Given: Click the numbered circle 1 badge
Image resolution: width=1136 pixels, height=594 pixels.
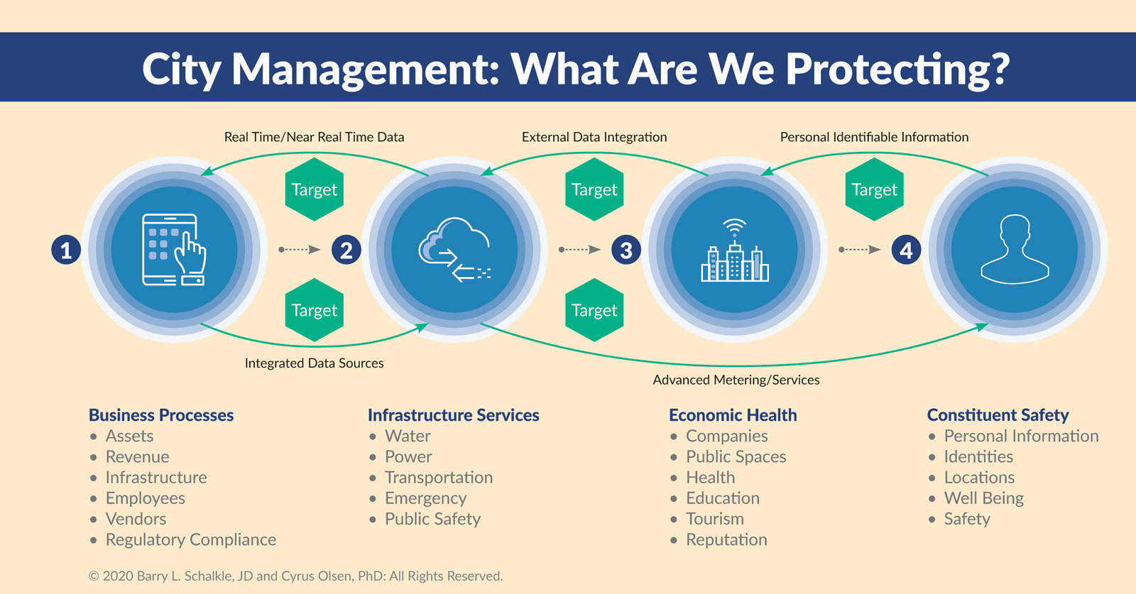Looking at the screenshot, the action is click(66, 250).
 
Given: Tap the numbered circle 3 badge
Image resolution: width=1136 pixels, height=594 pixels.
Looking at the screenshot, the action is click(626, 250).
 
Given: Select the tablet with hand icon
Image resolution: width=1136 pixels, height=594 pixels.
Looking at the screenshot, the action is click(174, 250).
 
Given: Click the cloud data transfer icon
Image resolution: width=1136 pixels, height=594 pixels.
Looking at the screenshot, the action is click(454, 250).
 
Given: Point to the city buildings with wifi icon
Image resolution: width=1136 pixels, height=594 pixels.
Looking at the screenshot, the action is click(734, 250).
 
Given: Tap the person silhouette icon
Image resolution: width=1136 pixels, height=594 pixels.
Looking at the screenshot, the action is click(1015, 249).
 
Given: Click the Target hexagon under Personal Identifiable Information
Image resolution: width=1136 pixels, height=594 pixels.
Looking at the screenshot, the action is click(874, 189).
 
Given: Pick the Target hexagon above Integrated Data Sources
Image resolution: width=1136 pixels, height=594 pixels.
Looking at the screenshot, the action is click(315, 309).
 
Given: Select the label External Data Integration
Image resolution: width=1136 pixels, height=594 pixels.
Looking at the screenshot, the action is click(594, 137).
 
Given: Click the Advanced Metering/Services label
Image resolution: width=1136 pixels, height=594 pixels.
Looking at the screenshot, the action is click(736, 380).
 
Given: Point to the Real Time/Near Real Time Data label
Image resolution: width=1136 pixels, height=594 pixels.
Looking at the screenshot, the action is click(315, 137).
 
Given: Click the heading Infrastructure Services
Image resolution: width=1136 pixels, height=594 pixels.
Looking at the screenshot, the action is click(454, 415).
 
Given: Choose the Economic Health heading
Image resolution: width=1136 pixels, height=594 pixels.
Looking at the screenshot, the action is click(733, 415).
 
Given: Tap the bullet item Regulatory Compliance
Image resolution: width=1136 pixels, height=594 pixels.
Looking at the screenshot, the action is click(191, 540).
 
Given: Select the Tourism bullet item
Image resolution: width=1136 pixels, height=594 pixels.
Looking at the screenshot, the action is click(714, 519).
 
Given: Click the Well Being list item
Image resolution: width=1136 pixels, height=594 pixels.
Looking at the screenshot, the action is click(983, 498).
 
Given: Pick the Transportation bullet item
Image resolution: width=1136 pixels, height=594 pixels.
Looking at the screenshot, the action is click(439, 478).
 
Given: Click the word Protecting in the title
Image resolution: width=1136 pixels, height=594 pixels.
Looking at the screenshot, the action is click(897, 70).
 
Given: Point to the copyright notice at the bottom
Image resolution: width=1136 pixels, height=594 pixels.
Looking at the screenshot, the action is click(295, 576).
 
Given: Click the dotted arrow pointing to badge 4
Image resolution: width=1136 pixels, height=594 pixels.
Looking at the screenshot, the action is click(860, 249).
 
